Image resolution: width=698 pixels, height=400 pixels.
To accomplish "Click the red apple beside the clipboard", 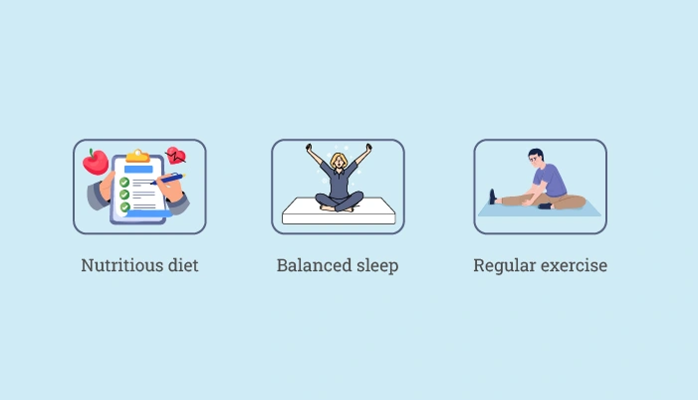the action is coord(96,162).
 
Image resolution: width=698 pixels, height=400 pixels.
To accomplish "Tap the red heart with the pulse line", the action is coord(176,156).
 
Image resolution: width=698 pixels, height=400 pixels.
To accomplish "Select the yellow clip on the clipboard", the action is coord(137,156).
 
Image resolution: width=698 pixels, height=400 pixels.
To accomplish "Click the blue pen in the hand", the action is coord(167,179).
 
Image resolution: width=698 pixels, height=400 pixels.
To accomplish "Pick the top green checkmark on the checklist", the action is coord(124,182).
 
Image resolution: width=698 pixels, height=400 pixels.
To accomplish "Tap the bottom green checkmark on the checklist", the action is coord(125,206).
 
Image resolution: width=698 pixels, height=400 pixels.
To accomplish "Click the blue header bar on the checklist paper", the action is coord(138,169).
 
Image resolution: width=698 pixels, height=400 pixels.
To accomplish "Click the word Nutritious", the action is coord(121,265).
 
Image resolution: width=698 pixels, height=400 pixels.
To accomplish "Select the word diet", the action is coord(183,265).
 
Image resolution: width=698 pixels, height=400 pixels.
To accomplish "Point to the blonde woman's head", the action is coord(340,161).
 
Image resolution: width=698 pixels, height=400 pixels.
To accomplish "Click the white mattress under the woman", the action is coord(339,211).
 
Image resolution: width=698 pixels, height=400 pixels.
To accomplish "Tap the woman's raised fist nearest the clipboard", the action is coord(309,148).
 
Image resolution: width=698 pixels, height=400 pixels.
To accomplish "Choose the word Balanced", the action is coord(311,265).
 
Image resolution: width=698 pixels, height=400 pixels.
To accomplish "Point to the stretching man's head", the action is coord(536,157).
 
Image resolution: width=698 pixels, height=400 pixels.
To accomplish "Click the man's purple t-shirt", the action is coord(551,179).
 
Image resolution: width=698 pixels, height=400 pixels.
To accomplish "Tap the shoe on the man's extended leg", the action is coord(492,197).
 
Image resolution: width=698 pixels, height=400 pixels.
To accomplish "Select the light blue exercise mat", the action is coord(540,208).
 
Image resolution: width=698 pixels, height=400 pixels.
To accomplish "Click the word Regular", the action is coord(505,266).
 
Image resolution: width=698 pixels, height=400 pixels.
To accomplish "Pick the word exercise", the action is coord(574,265).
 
